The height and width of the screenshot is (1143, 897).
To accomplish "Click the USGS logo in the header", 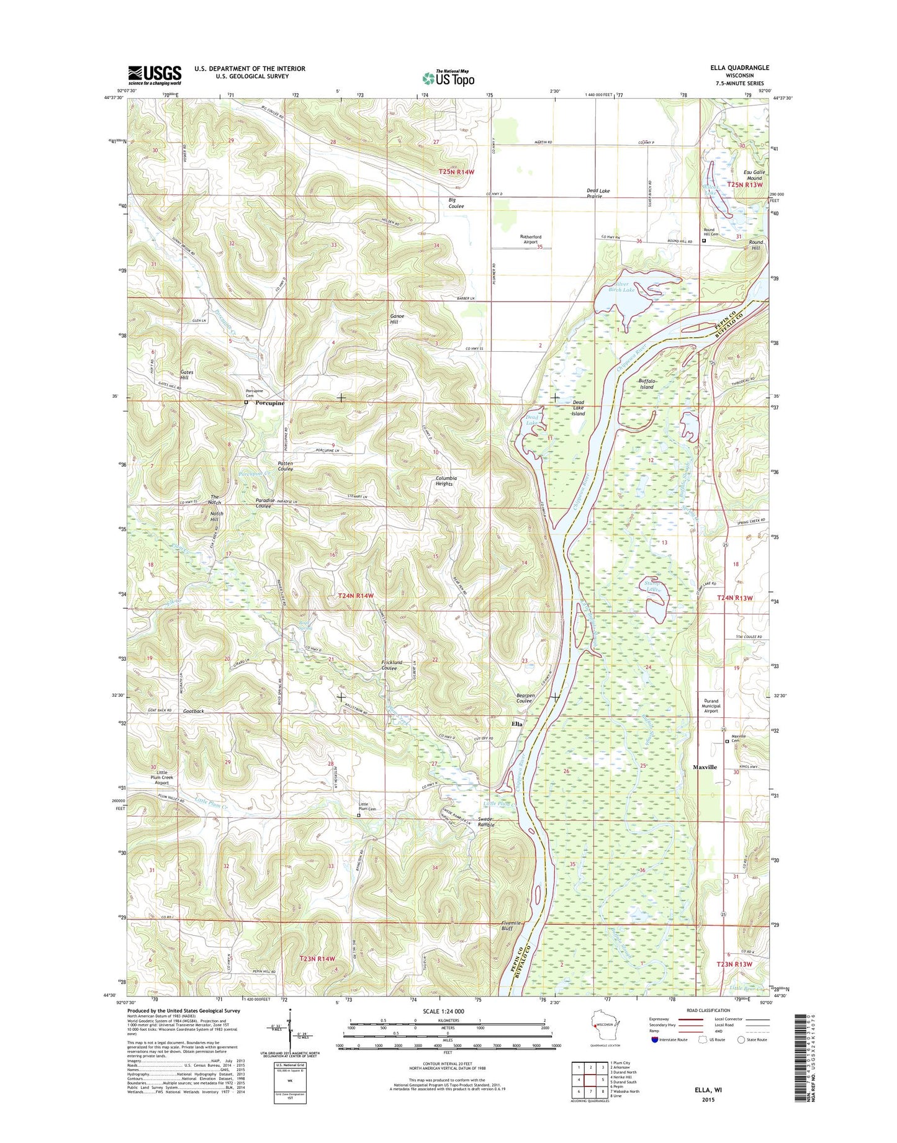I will [155, 75].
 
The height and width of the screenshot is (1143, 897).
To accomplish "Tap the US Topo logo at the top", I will [448, 78].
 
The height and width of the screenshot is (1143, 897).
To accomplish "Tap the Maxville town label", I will [705, 767].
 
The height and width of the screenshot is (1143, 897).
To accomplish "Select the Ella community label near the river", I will [516, 724].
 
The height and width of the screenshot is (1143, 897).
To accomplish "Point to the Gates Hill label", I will [186, 375].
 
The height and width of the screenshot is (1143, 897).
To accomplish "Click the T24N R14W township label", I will [356, 595].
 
